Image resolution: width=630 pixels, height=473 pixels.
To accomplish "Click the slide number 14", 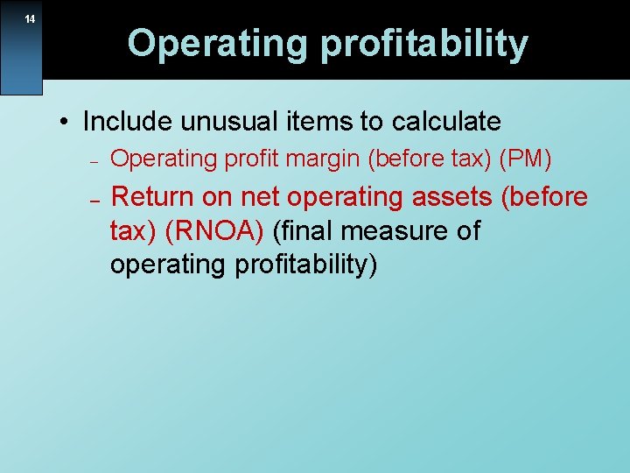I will click(x=30, y=19).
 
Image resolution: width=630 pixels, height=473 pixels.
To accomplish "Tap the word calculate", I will click(x=447, y=121).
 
